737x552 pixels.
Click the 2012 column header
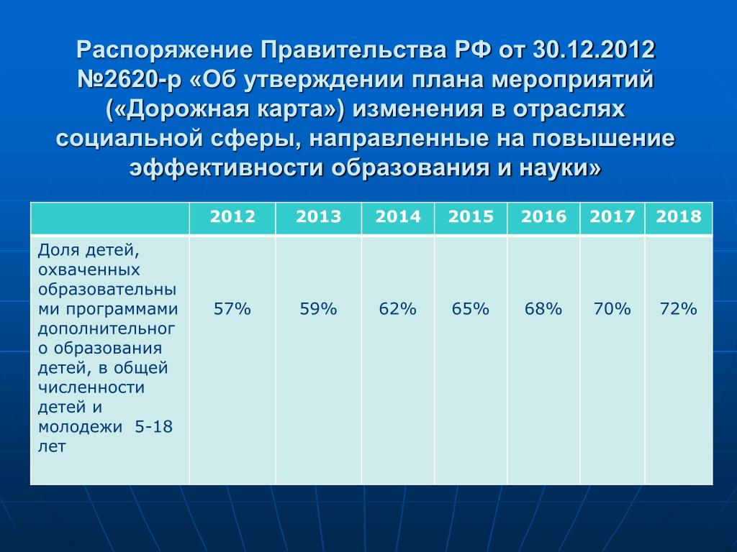tap(232, 216)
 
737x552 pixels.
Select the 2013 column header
tap(318, 216)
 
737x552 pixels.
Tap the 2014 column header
tap(397, 216)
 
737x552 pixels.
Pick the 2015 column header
tap(471, 216)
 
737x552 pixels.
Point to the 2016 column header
tap(543, 216)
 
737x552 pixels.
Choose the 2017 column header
tap(612, 216)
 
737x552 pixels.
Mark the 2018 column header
tap(678, 216)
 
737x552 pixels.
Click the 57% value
tap(232, 309)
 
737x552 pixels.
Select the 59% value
tap(318, 309)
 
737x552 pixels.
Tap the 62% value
tap(397, 309)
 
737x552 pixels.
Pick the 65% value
tap(471, 309)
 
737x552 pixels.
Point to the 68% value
tap(543, 309)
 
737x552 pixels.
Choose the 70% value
tap(612, 309)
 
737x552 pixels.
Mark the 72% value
tap(678, 309)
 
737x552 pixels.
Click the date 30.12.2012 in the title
tap(594, 50)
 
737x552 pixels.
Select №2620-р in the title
tap(129, 80)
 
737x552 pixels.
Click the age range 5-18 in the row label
tap(154, 427)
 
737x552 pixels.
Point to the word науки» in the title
tap(560, 168)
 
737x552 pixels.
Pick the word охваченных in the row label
tap(89, 270)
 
